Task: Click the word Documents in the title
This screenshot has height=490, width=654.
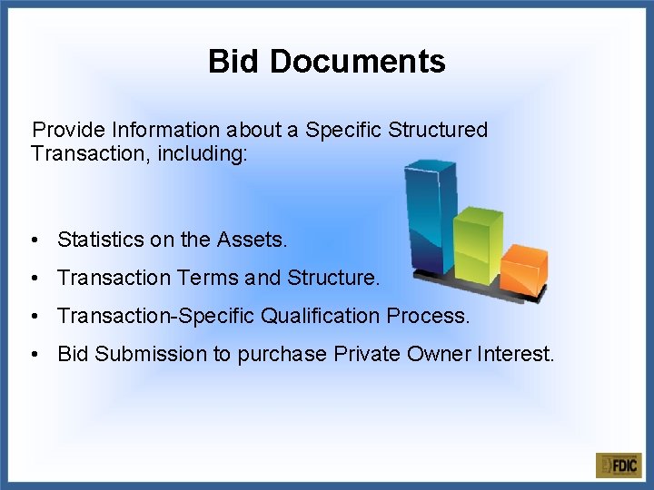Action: (x=357, y=62)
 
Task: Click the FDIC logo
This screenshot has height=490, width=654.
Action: (x=619, y=465)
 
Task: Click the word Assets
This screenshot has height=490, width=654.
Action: (x=251, y=240)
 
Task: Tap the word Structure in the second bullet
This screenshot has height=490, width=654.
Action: (x=332, y=278)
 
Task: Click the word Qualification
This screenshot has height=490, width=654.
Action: (x=321, y=316)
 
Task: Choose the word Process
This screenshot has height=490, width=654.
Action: (x=429, y=316)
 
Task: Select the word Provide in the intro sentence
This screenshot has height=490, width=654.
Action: (x=69, y=131)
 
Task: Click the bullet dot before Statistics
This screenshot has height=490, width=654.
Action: (x=33, y=240)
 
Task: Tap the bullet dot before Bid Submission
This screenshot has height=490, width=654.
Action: (x=33, y=355)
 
